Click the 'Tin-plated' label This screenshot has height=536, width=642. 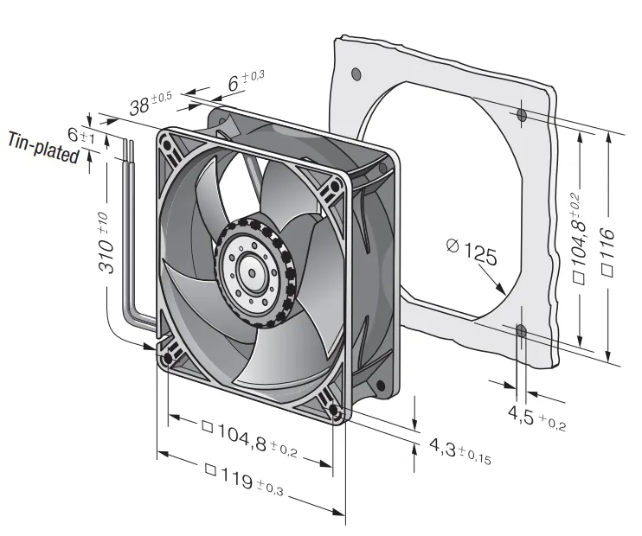(43, 148)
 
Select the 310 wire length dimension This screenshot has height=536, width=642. (105, 243)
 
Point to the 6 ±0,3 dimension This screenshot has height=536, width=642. (246, 80)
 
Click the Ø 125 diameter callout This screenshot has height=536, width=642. (472, 252)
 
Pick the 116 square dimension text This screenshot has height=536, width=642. (607, 252)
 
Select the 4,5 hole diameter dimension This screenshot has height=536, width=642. (536, 418)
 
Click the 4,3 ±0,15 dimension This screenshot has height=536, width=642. (459, 450)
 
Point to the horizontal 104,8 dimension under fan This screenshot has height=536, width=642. (250, 438)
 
